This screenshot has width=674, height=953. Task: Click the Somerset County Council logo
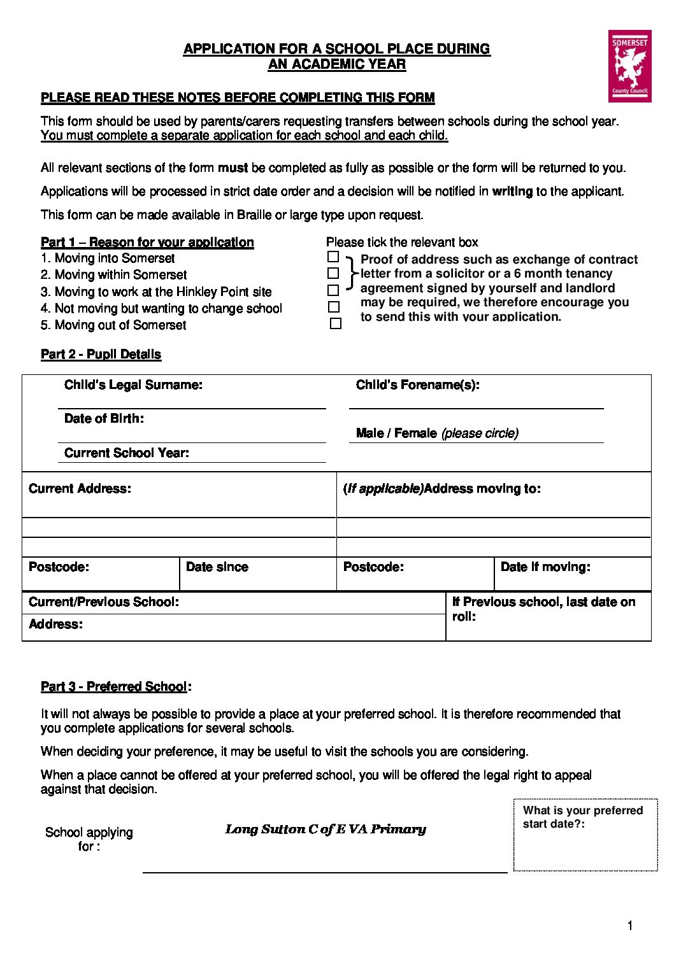click(629, 66)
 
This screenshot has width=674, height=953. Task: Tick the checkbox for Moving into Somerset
click(333, 257)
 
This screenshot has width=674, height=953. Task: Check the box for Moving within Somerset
click(333, 274)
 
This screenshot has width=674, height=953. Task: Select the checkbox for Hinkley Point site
click(333, 290)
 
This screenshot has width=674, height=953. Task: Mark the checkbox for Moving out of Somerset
click(336, 323)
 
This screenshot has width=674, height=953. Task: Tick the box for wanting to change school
click(334, 307)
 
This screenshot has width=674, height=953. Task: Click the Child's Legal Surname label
click(133, 385)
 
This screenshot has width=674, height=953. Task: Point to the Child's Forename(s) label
click(417, 385)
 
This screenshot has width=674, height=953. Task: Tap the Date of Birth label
click(104, 419)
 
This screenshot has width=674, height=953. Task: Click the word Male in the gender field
click(369, 434)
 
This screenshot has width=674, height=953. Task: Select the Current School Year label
click(127, 453)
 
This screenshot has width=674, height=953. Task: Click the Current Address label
click(80, 489)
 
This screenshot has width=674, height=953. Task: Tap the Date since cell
click(257, 574)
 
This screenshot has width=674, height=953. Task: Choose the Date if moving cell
click(572, 574)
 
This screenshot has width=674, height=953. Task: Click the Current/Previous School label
click(104, 602)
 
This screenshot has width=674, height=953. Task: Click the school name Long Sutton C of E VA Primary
click(326, 829)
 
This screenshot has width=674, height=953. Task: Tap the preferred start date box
click(585, 835)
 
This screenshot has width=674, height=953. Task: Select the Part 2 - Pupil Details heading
click(101, 355)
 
